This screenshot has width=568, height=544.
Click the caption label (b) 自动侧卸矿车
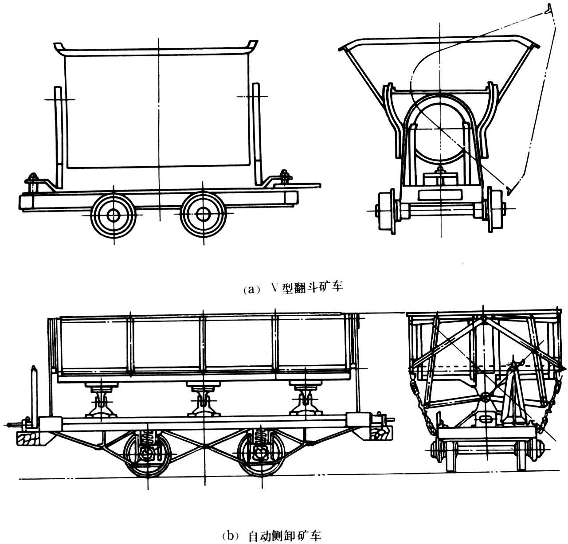pos(271,536)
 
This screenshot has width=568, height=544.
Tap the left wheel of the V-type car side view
pos(113,215)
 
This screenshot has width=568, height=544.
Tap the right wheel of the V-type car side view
pos(203,215)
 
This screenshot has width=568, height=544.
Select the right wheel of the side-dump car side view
pos(262,454)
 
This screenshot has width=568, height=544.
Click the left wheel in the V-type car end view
pos(387,211)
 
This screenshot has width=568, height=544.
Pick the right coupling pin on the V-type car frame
pos(285,177)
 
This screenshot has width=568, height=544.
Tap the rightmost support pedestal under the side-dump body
pos(306,399)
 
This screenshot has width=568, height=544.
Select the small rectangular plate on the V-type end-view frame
pos(440,195)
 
